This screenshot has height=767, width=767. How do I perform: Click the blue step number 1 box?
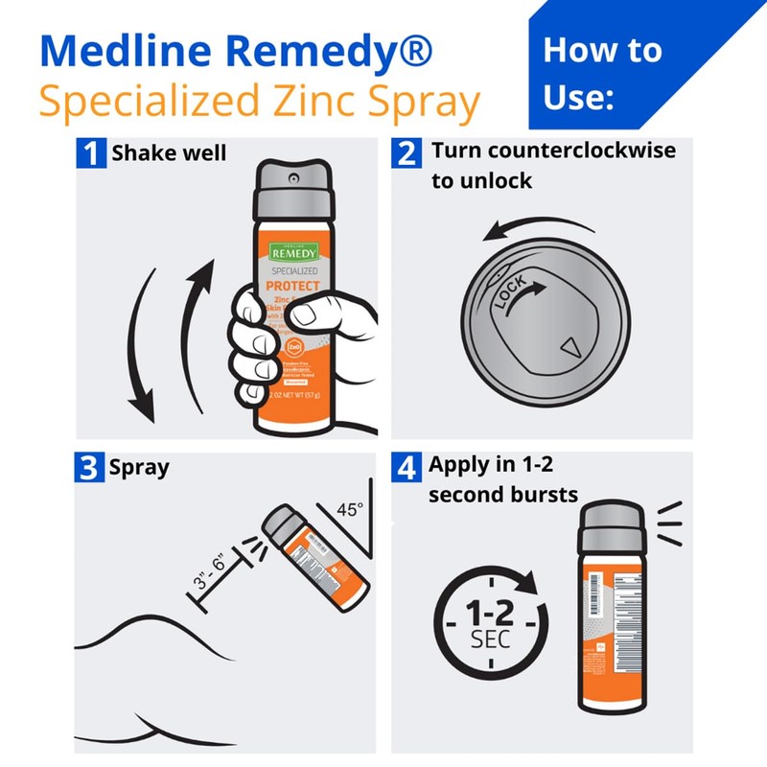click(92, 153)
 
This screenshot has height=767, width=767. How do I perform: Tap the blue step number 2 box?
click(407, 153)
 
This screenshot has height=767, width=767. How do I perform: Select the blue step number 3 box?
click(92, 469)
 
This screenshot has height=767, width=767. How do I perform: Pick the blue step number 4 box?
click(407, 469)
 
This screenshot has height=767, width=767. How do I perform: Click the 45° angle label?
click(348, 510)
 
